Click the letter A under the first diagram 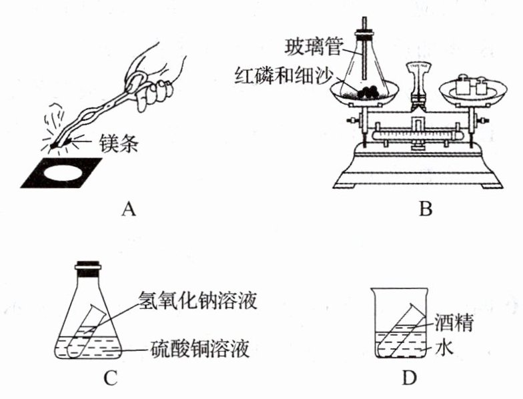129,210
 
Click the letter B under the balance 426,210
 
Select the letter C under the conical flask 110,378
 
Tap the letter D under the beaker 410,378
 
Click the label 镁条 118,143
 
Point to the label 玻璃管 314,48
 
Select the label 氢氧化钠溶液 197,301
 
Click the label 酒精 454,323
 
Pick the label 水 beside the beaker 444,349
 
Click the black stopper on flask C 87,269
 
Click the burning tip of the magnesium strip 55,146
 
